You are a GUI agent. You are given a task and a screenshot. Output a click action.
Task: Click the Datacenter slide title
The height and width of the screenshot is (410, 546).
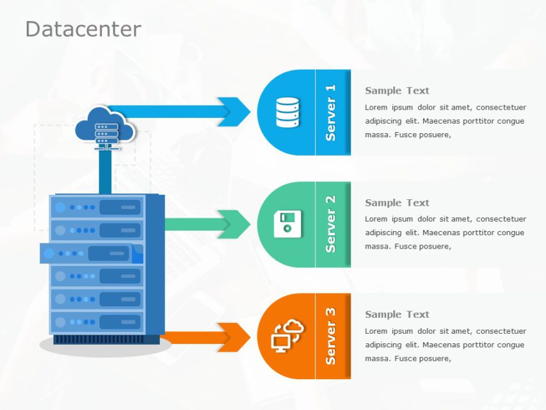click(83, 29)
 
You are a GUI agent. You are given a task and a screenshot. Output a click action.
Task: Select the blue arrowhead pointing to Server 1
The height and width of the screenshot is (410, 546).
click(234, 111)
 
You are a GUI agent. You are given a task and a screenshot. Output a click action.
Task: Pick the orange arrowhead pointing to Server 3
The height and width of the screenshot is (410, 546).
click(234, 337)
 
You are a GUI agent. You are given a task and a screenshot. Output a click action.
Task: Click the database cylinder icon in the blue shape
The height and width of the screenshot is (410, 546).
click(287, 112)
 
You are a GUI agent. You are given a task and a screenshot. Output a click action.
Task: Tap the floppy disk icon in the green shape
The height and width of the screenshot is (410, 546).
click(287, 224)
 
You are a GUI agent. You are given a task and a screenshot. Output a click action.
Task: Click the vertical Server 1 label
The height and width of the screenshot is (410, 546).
click(330, 113)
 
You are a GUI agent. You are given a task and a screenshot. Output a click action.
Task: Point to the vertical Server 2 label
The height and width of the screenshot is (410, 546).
click(330, 224)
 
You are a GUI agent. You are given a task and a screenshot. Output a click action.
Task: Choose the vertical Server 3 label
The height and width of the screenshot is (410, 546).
click(330, 336)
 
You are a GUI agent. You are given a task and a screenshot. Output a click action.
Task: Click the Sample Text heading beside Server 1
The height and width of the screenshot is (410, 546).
click(397, 91)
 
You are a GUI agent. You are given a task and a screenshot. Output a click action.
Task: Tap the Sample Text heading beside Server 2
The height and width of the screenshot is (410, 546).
click(397, 203)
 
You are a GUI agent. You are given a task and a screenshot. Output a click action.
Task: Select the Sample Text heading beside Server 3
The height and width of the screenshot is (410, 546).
click(397, 315)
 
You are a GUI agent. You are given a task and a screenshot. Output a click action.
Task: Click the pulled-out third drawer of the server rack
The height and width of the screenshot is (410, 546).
click(90, 253)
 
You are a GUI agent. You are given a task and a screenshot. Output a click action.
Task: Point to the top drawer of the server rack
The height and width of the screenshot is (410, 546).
click(97, 207)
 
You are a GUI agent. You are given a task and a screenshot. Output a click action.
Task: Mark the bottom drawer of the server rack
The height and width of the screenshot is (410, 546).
click(97, 322)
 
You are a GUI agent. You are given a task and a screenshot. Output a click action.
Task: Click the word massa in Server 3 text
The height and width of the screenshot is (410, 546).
click(377, 359)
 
